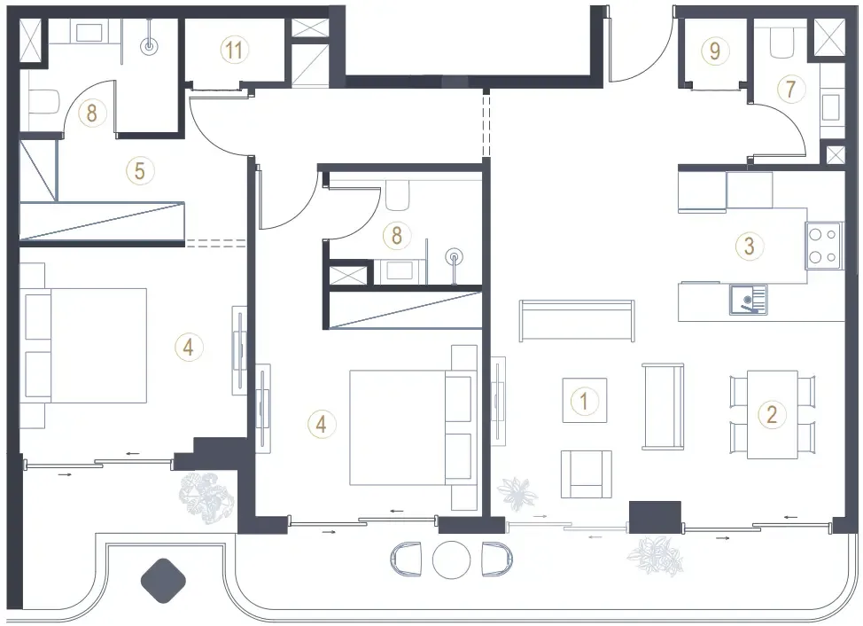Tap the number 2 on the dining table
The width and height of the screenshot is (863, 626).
click(x=772, y=414)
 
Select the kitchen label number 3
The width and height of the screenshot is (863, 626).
click(x=749, y=246)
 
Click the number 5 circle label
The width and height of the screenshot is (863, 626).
click(x=140, y=170)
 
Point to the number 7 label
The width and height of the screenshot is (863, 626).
click(x=791, y=88)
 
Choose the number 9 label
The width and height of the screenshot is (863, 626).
click(x=714, y=51)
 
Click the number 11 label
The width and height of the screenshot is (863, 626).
click(x=235, y=51)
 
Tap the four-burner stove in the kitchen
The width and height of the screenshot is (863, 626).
click(x=823, y=246)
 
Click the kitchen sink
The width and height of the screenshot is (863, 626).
click(x=748, y=300)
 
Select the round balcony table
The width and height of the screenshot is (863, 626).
click(x=451, y=559)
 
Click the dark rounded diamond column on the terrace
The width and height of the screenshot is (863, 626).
click(x=163, y=580)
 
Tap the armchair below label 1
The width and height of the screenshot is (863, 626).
click(x=587, y=474)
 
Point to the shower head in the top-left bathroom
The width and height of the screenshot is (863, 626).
click(x=149, y=46)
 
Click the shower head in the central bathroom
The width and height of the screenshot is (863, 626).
click(x=454, y=257)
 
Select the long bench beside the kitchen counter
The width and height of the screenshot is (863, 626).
click(x=577, y=320)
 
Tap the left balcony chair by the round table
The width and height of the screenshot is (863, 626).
click(x=406, y=559)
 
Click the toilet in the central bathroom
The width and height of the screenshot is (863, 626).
click(x=397, y=195)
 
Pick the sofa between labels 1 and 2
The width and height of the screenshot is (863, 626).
click(x=664, y=406)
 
